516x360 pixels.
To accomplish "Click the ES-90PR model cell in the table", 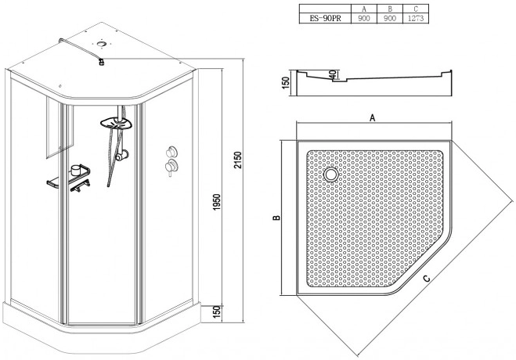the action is pos(325,19).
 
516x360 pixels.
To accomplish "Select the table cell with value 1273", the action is pos(416,19).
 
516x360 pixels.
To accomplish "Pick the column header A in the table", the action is pos(363,9).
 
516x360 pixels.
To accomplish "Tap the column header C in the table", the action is pos(416,9).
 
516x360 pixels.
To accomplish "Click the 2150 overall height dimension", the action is pos(238,160).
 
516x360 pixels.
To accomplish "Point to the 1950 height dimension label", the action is pos(217,203).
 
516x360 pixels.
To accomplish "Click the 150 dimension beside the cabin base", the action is pos(217,312).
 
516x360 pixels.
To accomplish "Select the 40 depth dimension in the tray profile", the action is pos(334,74).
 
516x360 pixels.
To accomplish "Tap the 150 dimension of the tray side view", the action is pos(286,82).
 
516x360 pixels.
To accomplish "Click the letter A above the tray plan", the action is pos(372,117).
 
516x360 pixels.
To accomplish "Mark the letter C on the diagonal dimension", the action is pos(427,279).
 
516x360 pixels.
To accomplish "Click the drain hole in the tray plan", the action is pos(330,174).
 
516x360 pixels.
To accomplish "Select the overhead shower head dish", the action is pos(116,124).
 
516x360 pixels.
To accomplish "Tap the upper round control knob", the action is pos(171,152).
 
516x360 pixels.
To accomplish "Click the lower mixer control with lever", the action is pos(171,167).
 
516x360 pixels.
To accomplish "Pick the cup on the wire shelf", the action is pos(75,170).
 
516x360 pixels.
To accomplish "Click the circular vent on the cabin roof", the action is pos(101,44).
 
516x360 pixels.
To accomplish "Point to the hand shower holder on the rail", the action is pos(122,154).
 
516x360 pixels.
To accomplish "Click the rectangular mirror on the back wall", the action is pos(60,128).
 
